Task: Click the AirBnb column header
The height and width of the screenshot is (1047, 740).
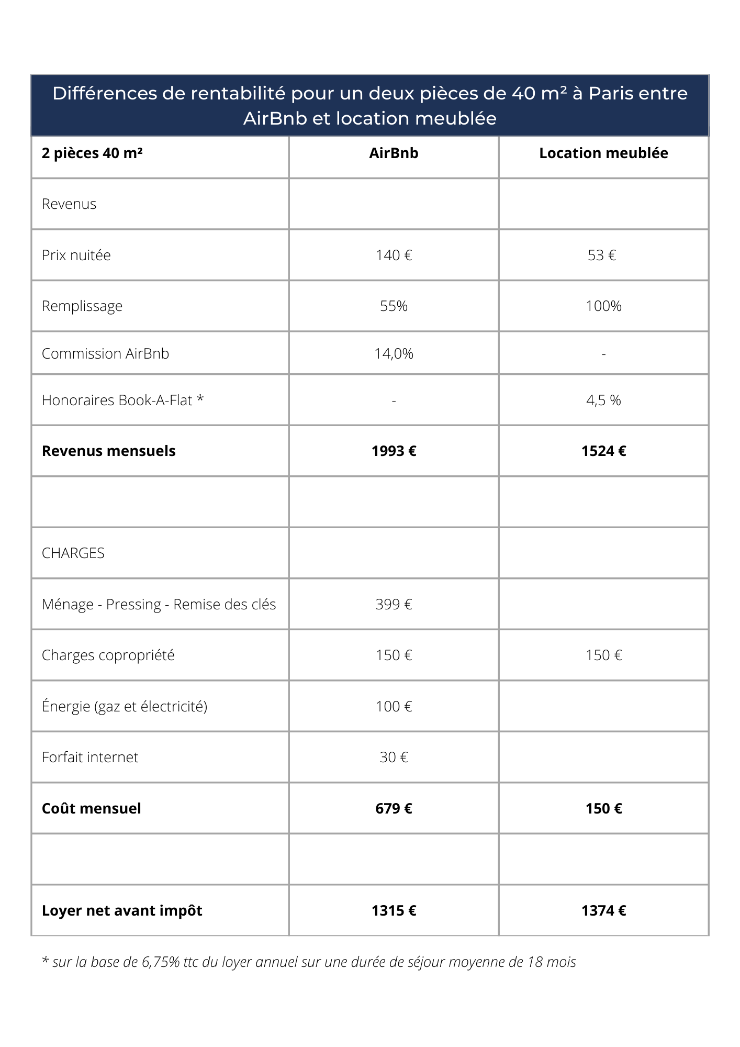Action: [x=394, y=153]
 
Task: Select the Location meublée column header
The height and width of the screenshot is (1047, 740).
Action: [x=603, y=153]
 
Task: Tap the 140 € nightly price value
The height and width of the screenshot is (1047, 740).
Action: [x=394, y=255]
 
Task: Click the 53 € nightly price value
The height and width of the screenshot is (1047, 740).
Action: [x=602, y=255]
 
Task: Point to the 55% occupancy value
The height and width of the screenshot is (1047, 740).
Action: [x=394, y=306]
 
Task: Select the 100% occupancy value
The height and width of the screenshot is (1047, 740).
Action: [x=603, y=306]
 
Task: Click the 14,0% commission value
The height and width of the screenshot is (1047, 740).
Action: [x=394, y=354]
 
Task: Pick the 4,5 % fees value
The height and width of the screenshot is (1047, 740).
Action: [x=603, y=400]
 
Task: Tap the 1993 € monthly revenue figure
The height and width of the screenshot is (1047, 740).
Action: [x=394, y=451]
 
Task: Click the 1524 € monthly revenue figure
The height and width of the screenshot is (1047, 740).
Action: [x=603, y=451]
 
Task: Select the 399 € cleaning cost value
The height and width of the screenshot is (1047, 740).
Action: [x=394, y=605]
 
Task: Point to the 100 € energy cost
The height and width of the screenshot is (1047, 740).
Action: [x=394, y=707]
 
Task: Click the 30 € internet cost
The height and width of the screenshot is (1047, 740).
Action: [x=394, y=758]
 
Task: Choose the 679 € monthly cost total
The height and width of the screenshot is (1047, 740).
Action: [x=394, y=809]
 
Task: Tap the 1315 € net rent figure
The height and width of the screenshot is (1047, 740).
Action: [x=394, y=911]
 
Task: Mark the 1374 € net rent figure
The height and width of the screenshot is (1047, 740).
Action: [x=603, y=911]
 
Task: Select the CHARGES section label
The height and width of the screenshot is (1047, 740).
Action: [x=73, y=553]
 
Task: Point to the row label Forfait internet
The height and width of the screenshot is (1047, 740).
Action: [x=90, y=758]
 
